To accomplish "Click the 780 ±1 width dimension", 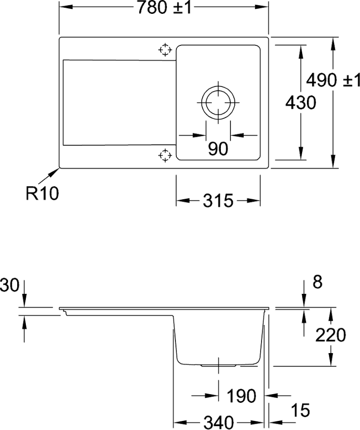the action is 164,7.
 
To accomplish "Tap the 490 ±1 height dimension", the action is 333,80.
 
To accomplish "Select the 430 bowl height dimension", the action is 301,103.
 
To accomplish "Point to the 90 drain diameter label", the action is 218,149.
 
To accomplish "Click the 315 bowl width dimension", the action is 218,201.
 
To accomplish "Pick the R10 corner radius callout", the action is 42,193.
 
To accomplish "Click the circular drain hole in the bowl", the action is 218,103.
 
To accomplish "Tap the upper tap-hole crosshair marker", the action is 165,50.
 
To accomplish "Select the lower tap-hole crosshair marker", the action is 165,155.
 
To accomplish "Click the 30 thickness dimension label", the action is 10,285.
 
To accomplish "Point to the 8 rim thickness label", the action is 317,282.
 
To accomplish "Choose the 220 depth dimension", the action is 330,335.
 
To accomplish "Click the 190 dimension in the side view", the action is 241,396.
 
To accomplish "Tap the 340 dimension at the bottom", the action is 218,423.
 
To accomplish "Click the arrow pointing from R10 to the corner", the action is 49,176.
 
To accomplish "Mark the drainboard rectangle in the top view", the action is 120,102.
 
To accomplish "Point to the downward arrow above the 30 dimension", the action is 24,293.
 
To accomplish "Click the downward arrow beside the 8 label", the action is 304,293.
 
